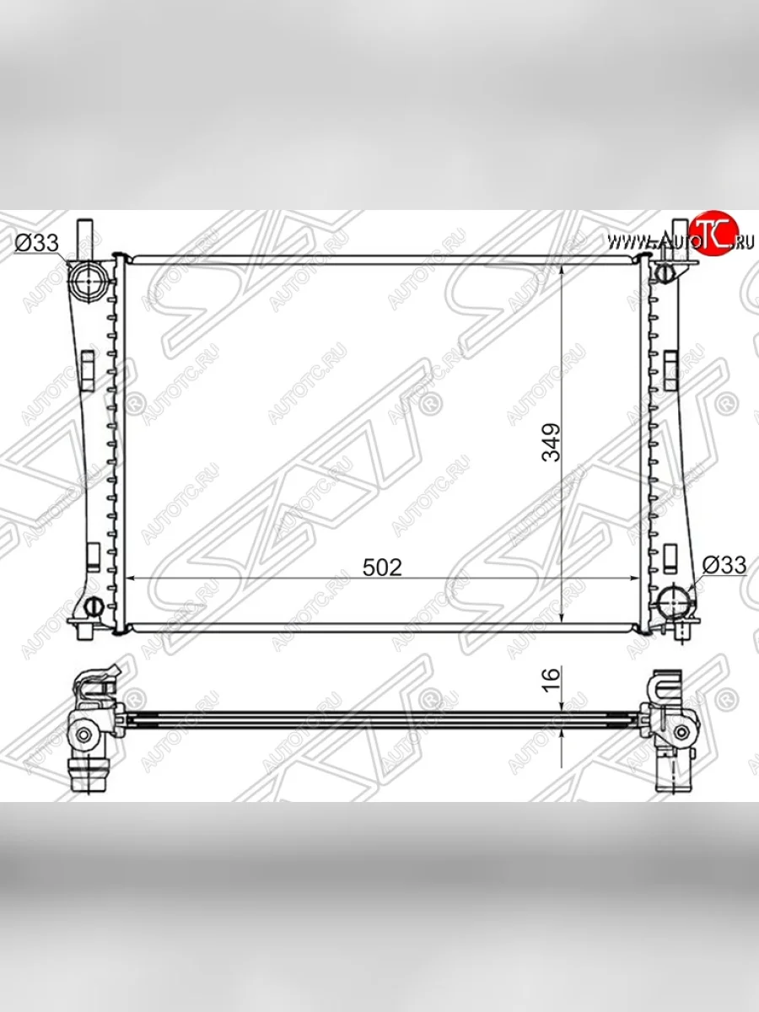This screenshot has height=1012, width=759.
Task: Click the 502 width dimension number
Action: pyautogui.click(x=382, y=567)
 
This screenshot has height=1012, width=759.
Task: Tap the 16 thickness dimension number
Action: pyautogui.click(x=551, y=678)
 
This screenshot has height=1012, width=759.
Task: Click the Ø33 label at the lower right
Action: pyautogui.click(x=724, y=565)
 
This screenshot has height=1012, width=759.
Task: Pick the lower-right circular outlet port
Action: pyautogui.click(x=675, y=601)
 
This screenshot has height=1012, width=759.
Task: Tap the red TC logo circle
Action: pyautogui.click(x=713, y=231)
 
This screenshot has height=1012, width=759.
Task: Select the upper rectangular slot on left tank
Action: pyautogui.click(x=87, y=368)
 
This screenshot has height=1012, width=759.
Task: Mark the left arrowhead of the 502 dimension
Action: pyautogui.click(x=132, y=579)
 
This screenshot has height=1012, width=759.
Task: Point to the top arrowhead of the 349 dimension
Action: pyautogui.click(x=562, y=262)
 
